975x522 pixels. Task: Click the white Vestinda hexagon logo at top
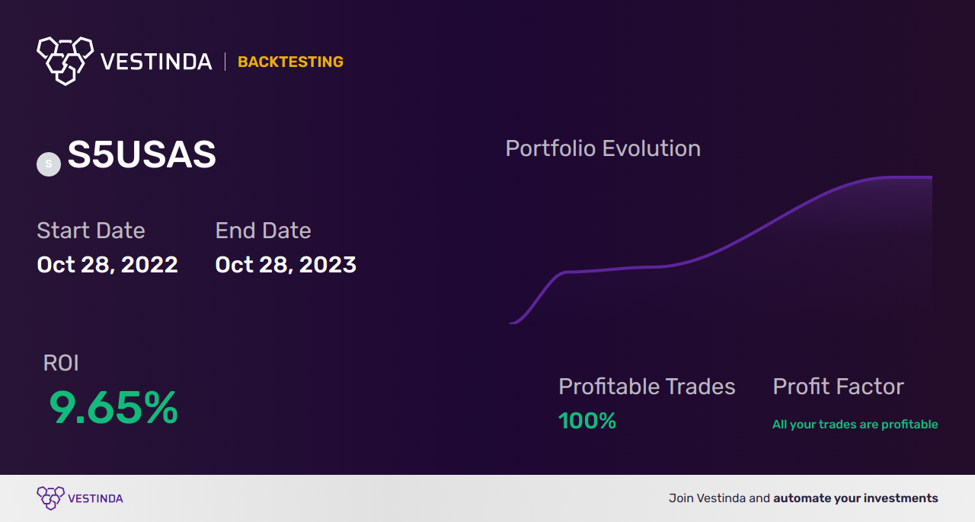click(66, 61)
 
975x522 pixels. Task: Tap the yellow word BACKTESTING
click(290, 62)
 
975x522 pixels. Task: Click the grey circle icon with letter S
click(49, 164)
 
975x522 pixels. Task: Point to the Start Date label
click(91, 231)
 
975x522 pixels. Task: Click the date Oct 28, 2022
click(107, 265)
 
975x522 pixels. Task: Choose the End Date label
click(264, 231)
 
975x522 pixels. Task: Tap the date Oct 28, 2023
click(286, 265)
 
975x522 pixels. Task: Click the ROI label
click(61, 363)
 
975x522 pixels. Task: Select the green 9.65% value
click(113, 408)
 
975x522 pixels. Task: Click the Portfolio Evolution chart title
click(603, 149)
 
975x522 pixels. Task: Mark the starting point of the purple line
click(510, 323)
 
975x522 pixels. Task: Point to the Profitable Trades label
click(647, 387)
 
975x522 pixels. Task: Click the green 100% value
click(587, 421)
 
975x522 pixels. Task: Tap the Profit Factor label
click(839, 387)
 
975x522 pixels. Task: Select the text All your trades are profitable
click(855, 425)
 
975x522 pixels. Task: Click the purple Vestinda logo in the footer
click(80, 498)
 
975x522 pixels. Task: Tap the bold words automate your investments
click(855, 498)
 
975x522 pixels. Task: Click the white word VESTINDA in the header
click(156, 62)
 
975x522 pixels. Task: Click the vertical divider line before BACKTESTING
click(225, 62)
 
